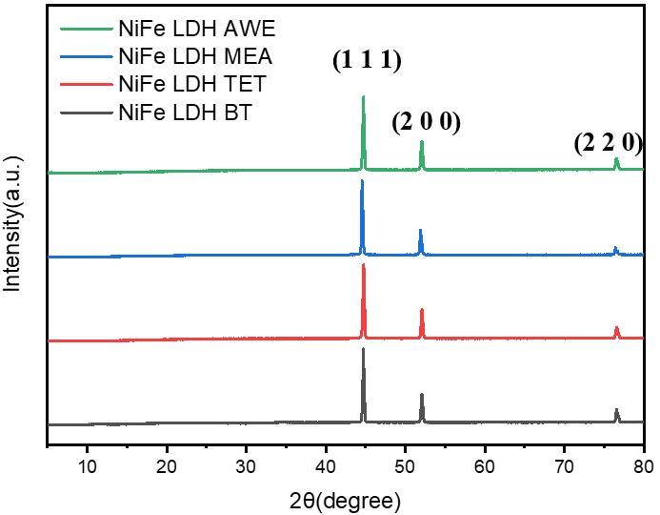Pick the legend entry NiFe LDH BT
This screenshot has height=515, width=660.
[172, 113]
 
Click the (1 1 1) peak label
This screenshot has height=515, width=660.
[367, 62]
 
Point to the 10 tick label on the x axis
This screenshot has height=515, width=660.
[87, 466]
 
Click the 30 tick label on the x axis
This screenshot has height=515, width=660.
[246, 466]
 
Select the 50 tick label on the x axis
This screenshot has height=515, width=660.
[406, 466]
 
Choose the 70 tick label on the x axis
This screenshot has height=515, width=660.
[565, 466]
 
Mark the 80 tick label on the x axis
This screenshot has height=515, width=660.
[644, 466]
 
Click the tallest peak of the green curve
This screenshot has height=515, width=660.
[363, 96]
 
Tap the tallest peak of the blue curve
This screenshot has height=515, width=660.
[362, 180]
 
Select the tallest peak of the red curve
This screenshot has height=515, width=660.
[363, 264]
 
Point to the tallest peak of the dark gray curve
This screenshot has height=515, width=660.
[363, 349]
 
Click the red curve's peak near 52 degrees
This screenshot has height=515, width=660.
[422, 310]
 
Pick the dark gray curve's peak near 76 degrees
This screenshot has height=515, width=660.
[617, 410]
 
